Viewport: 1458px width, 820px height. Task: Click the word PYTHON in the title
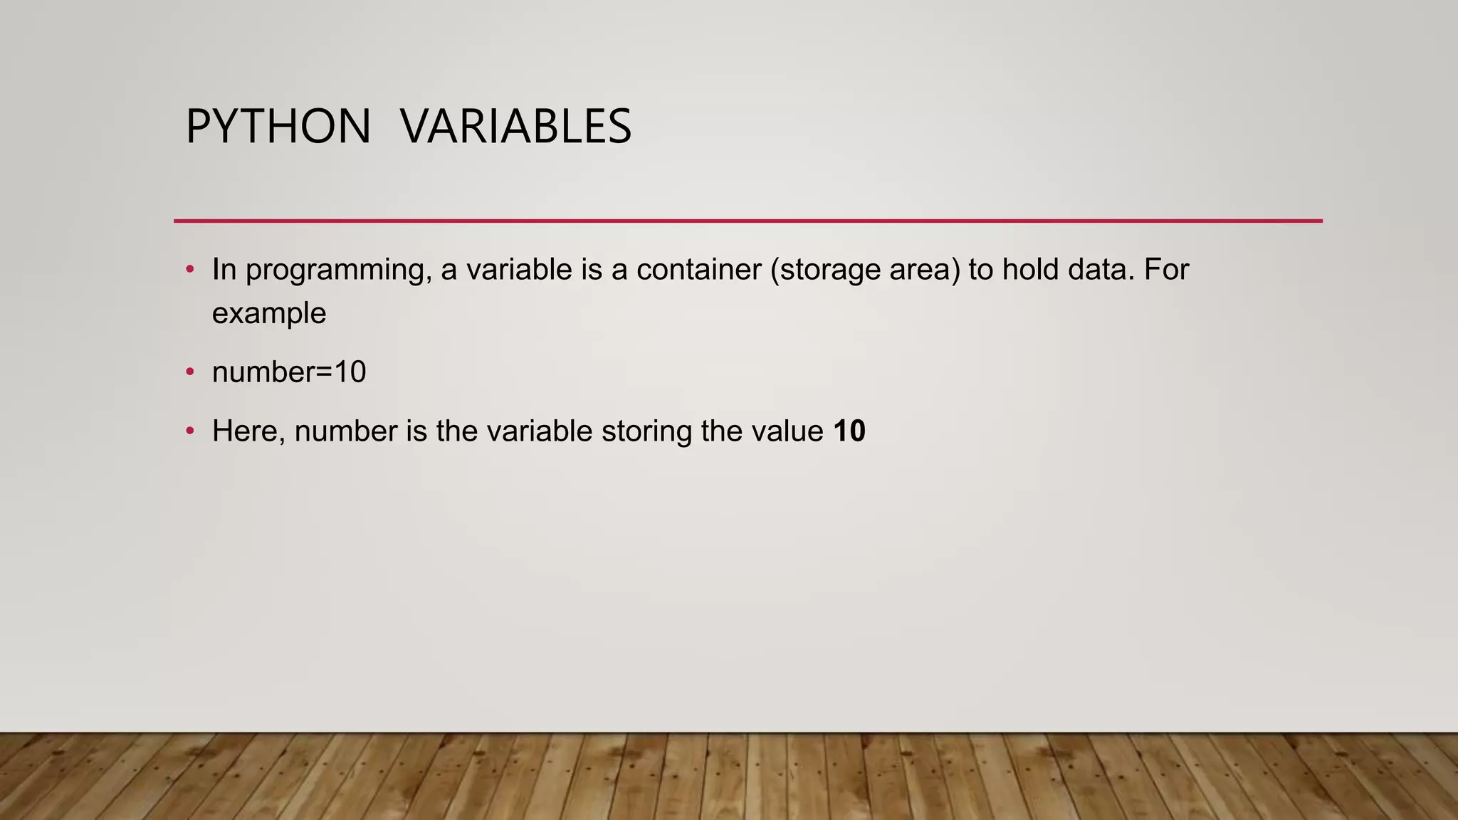278,127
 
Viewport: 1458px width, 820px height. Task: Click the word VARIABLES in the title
515,127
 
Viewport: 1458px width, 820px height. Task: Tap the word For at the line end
1167,270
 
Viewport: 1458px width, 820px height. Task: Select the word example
269,314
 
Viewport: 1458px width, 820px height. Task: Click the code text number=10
289,372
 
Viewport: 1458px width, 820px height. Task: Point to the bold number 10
849,431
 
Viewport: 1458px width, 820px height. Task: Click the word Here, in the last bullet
248,432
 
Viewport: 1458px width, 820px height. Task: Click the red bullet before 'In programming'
189,270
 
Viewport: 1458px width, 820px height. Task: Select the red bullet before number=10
189,372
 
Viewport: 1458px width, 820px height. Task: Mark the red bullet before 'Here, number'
189,431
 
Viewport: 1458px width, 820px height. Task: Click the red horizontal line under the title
748,221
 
